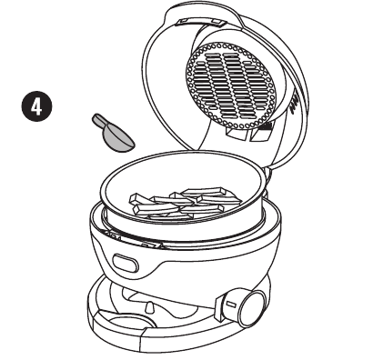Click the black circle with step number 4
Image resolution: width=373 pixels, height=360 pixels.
point(36,106)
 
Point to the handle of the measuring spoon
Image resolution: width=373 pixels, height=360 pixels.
point(100,121)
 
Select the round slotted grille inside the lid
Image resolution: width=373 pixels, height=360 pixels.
point(231,85)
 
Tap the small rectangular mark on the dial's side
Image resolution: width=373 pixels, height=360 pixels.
point(231,304)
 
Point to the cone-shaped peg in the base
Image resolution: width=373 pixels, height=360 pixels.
point(149,308)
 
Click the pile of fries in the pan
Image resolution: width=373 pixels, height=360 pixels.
point(185,203)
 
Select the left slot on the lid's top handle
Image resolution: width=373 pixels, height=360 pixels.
point(185,21)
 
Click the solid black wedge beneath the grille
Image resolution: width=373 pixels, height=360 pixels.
point(265,125)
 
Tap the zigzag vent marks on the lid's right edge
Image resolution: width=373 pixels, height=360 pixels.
point(294,104)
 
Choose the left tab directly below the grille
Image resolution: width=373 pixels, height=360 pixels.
point(237,134)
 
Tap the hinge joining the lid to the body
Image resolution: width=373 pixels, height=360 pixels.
point(267,175)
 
